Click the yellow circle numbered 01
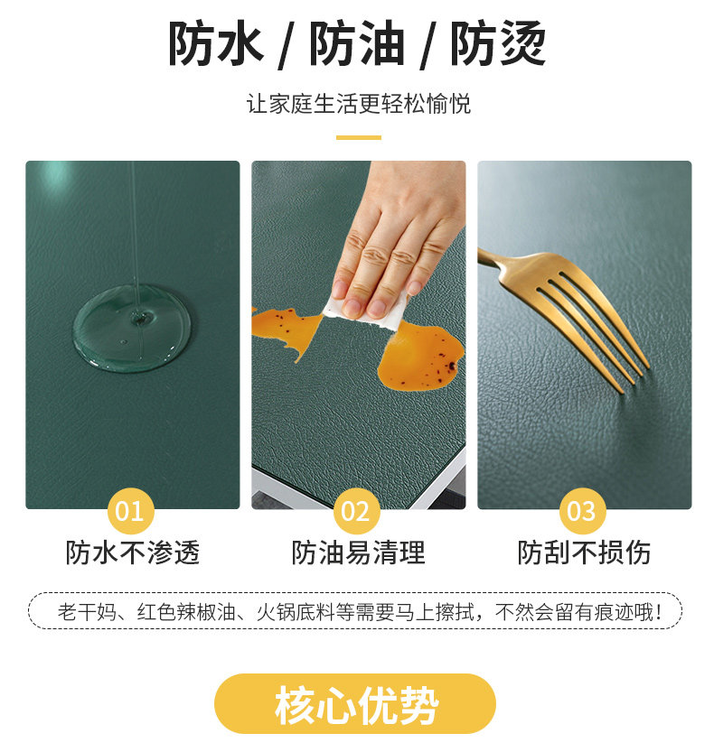click(130, 511)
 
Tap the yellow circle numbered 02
click(356, 511)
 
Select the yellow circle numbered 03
click(582, 511)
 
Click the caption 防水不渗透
click(133, 552)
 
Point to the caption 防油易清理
click(358, 552)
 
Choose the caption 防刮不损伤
click(584, 552)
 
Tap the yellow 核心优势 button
click(355, 703)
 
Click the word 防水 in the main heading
click(216, 43)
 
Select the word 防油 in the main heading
click(357, 43)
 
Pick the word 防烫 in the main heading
click(498, 43)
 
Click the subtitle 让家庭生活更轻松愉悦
click(358, 104)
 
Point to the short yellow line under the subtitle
click(358, 137)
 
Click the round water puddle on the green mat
click(132, 328)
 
